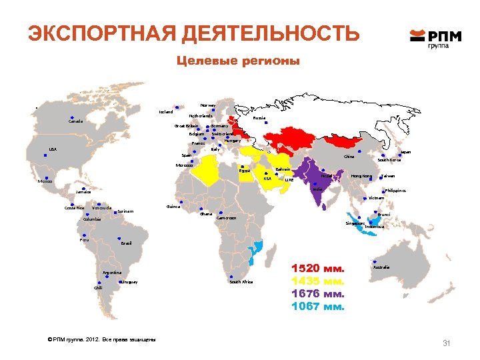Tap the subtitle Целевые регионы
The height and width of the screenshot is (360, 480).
tap(238, 61)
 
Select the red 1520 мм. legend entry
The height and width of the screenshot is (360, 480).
tap(317, 269)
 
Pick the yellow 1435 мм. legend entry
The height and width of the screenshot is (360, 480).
tap(317, 281)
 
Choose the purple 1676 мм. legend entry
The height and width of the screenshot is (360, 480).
tap(317, 294)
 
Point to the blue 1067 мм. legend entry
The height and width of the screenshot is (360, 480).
tap(317, 307)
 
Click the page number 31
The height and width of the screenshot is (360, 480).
tap(447, 343)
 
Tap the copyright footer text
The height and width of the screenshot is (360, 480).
tap(98, 341)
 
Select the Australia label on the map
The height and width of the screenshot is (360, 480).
tap(381, 267)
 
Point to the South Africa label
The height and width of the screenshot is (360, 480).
tap(241, 282)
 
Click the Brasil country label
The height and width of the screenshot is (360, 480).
tap(126, 243)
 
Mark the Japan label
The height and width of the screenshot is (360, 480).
tap(405, 153)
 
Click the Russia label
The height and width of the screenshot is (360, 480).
tap(259, 118)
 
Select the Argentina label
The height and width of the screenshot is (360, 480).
tap(111, 273)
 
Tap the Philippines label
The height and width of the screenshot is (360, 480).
tap(395, 191)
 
